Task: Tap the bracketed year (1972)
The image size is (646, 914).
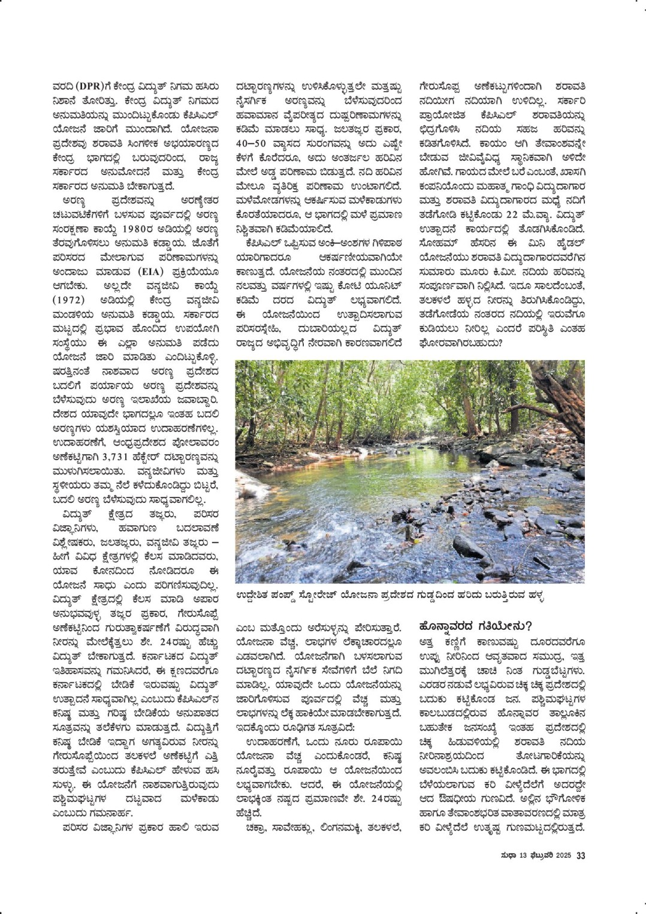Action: (x=68, y=300)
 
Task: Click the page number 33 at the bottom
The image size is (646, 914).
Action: (x=580, y=856)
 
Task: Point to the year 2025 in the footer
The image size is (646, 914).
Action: (x=563, y=856)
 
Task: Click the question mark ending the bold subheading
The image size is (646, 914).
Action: (x=529, y=626)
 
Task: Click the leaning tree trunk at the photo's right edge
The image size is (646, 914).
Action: (x=563, y=396)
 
